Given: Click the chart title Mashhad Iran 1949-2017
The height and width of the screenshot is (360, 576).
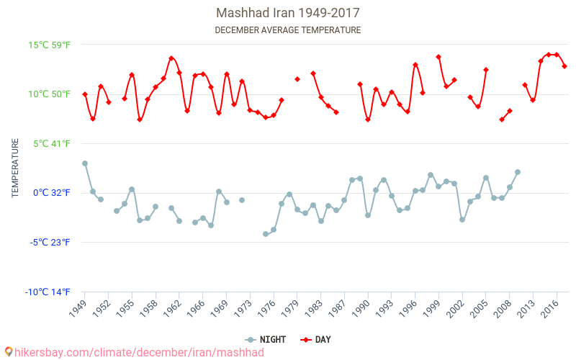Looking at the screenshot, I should [288, 13].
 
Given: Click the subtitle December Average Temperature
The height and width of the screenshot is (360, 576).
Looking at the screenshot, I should [288, 30].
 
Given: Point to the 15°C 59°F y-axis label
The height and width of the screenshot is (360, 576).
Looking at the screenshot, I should [50, 45].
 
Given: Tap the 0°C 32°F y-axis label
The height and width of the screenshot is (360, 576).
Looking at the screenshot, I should [50, 193].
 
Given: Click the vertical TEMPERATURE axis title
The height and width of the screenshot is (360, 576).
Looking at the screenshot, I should [15, 168].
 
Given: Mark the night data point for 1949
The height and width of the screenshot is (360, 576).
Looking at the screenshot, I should [85, 163].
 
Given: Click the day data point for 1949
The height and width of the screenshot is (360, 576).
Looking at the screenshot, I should [85, 94].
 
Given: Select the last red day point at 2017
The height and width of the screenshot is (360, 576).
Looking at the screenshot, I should [564, 66].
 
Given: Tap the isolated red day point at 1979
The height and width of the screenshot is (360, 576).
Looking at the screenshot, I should [297, 79].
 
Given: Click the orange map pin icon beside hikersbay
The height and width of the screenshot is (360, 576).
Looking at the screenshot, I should [9, 352].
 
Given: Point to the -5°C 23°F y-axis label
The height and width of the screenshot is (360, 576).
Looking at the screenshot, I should [50, 242].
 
